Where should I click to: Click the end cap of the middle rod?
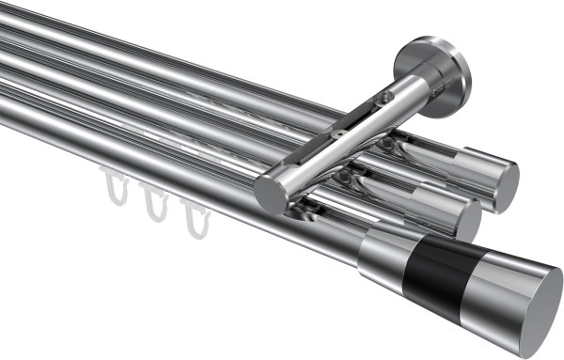tap(467, 218)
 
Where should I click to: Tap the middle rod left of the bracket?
tap(141, 99)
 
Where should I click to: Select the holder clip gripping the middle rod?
tap(352, 179)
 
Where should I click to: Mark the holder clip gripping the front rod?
tap(310, 211)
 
